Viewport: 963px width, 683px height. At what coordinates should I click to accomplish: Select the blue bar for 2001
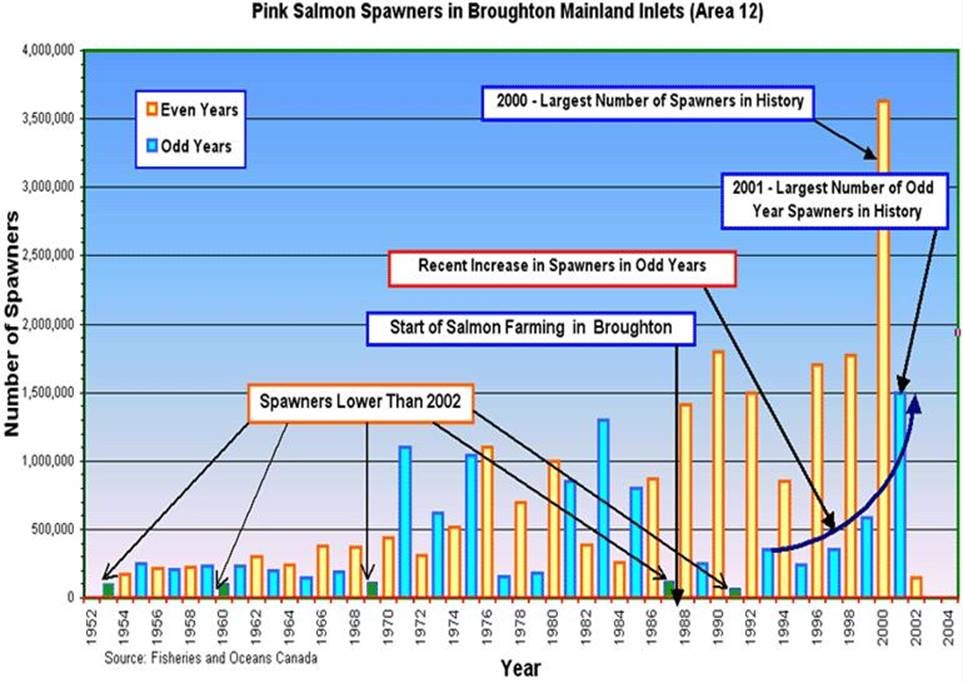coord(900,500)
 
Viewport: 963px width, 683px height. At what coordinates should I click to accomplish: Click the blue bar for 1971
coord(405,521)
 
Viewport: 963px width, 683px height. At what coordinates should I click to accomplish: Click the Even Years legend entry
coord(191,109)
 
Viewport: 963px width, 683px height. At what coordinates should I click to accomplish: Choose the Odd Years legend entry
coord(190,146)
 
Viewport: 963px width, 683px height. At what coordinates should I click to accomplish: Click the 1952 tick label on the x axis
coord(91,626)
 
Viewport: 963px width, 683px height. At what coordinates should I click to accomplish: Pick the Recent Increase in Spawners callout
coord(563,268)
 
